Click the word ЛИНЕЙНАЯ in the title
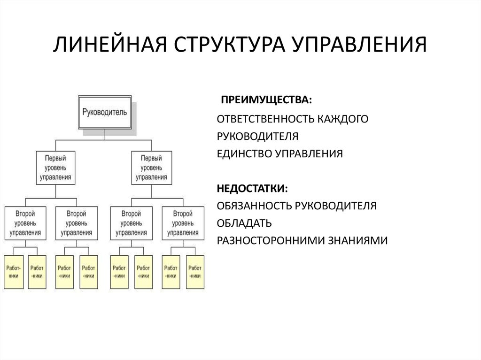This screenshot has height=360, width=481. click(110, 45)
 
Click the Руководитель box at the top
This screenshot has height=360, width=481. click(105, 112)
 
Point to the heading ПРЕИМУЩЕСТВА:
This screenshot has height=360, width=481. click(266, 100)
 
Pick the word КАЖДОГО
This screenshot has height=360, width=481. click(342, 119)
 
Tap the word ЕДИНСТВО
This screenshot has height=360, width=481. click(244, 153)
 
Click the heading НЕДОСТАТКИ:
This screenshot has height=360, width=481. click(252, 188)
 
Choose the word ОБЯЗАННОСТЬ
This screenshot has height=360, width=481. click(254, 206)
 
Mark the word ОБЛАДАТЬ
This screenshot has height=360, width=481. click(244, 223)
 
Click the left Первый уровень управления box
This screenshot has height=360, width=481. click(55, 168)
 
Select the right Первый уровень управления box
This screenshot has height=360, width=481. click(152, 168)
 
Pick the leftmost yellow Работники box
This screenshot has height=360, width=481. click(14, 272)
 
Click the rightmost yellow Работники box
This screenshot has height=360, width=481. click(195, 272)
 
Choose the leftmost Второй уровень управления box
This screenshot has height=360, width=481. click(25, 223)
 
